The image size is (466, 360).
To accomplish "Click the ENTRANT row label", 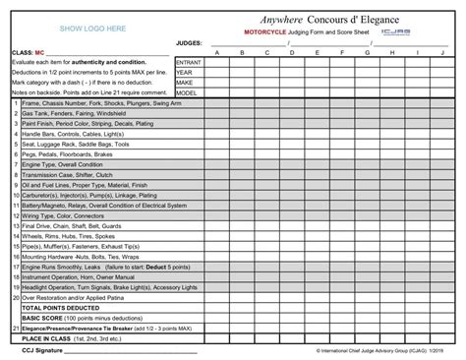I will [x=189, y=62].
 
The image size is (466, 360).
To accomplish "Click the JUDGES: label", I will [x=187, y=43].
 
